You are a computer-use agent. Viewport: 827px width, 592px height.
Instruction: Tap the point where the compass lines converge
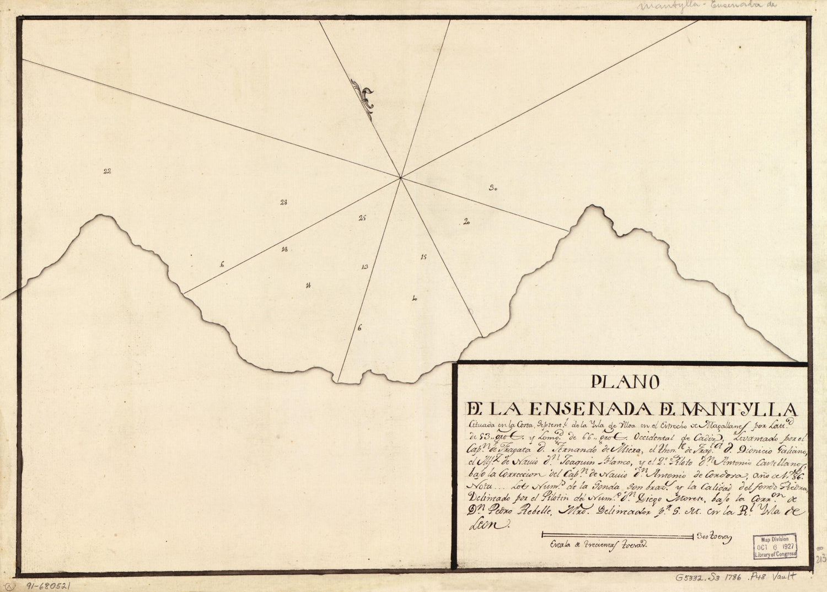click(401, 177)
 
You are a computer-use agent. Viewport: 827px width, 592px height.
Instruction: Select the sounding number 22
click(107, 171)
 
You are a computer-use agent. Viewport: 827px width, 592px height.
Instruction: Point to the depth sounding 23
click(283, 202)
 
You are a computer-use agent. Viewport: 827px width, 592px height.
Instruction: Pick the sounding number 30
click(493, 189)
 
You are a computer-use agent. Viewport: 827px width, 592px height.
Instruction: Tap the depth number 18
click(284, 249)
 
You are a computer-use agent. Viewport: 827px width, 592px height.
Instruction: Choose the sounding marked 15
click(423, 257)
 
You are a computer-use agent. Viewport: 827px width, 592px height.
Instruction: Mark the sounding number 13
click(364, 267)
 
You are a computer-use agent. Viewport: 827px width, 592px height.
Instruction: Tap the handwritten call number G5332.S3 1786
click(717, 578)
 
